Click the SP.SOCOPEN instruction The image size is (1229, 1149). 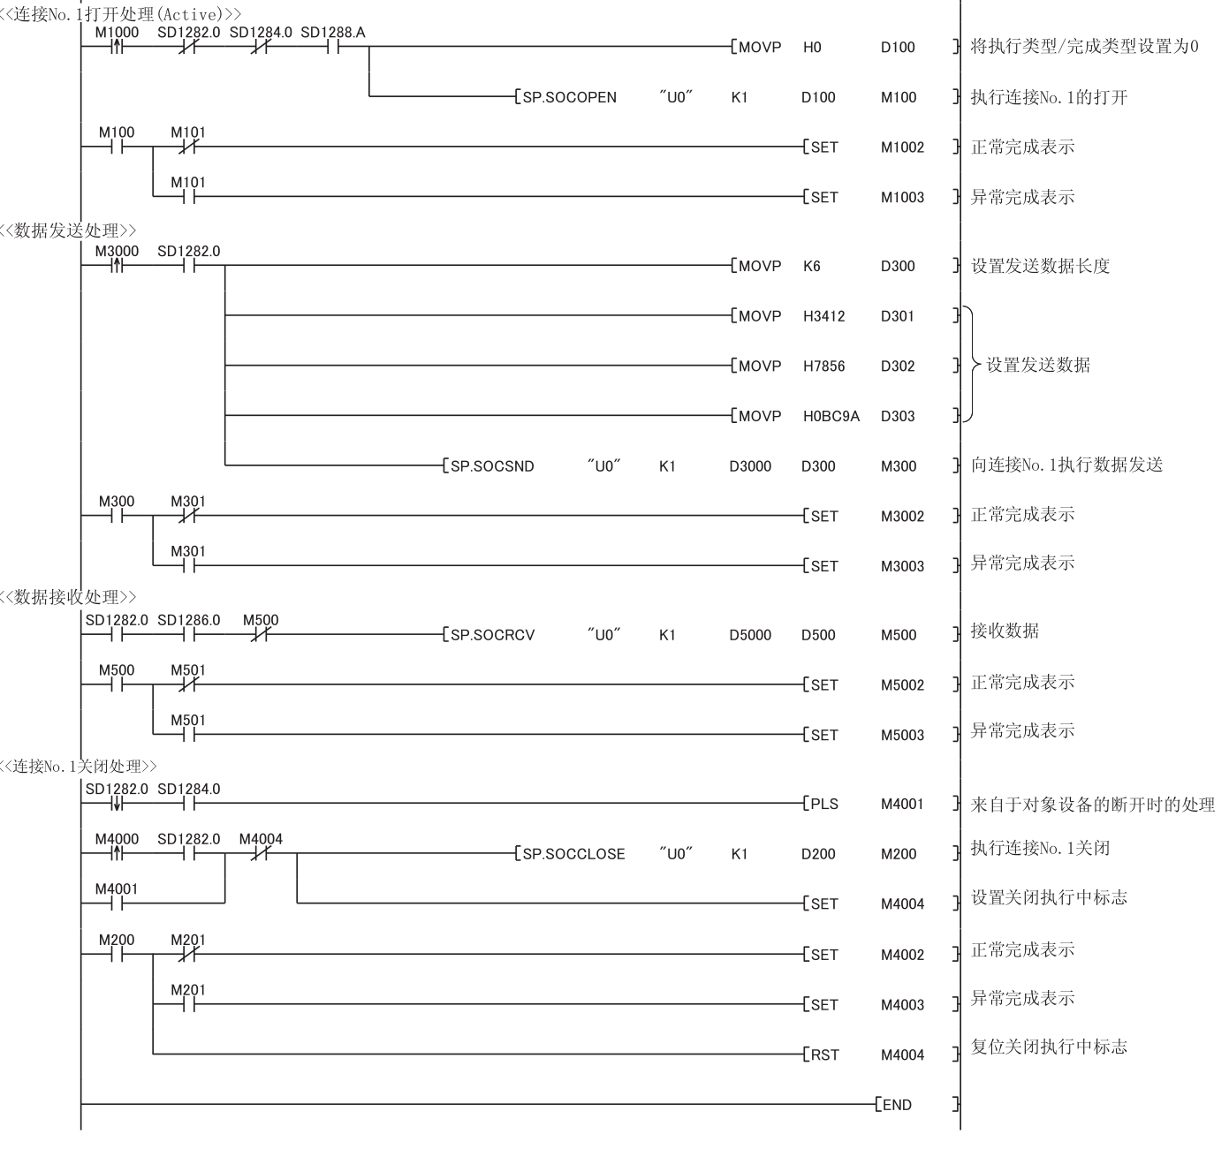click(570, 98)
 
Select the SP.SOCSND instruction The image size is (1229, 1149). click(492, 466)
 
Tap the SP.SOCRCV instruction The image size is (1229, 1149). click(492, 635)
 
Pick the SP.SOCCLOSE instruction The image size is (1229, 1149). click(573, 855)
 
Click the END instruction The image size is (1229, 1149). click(897, 1105)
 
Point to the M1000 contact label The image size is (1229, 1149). click(117, 33)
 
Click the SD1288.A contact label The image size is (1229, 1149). click(332, 33)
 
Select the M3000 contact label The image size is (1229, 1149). click(117, 252)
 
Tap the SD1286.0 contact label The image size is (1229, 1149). click(189, 620)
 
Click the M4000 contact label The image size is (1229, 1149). click(117, 839)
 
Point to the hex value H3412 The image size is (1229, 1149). click(823, 316)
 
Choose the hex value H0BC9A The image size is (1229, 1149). click(831, 416)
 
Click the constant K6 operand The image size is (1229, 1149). click(811, 266)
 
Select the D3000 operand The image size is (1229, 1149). click(749, 466)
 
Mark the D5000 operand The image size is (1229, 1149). click(749, 635)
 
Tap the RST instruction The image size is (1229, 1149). click(824, 1055)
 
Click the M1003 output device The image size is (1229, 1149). click(902, 198)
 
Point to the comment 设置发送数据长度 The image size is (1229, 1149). click(1040, 265)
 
